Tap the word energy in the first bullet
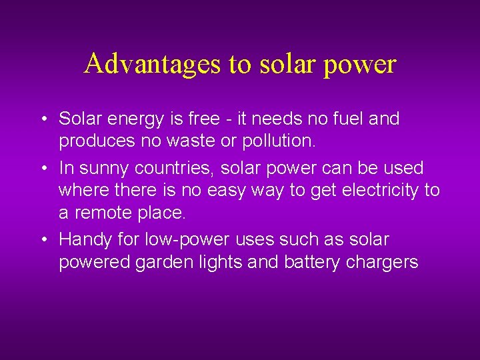click(133, 120)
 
